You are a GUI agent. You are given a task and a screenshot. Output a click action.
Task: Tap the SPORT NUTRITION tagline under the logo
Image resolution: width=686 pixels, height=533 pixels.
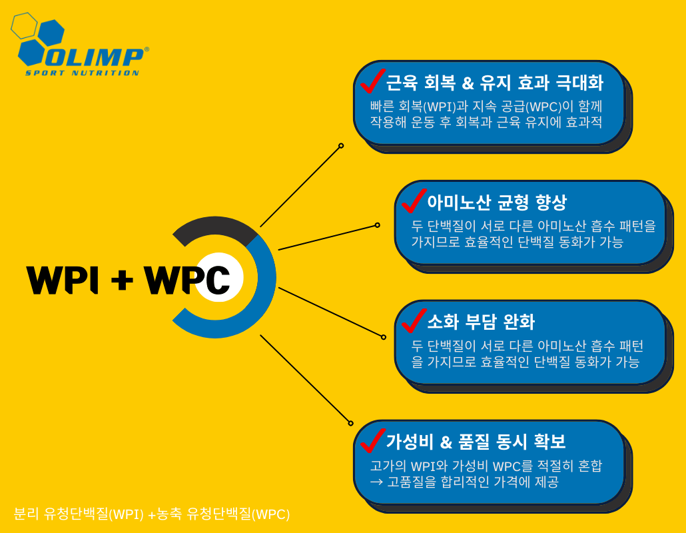point(83,73)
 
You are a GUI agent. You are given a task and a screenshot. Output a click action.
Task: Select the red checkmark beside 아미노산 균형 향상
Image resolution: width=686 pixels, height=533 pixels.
point(413,200)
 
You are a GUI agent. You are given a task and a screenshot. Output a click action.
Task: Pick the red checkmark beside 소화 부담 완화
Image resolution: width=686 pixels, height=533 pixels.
point(413,320)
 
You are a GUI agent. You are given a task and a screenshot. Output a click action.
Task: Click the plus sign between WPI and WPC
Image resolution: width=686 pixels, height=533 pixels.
point(121,280)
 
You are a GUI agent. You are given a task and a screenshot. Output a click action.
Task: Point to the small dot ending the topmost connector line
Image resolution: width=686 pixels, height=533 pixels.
point(341,145)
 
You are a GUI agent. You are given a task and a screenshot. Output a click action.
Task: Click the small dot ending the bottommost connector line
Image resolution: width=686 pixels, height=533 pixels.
point(351,423)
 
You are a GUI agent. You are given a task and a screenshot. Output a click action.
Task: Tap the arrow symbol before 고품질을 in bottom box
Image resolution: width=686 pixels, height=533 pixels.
point(376,482)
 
